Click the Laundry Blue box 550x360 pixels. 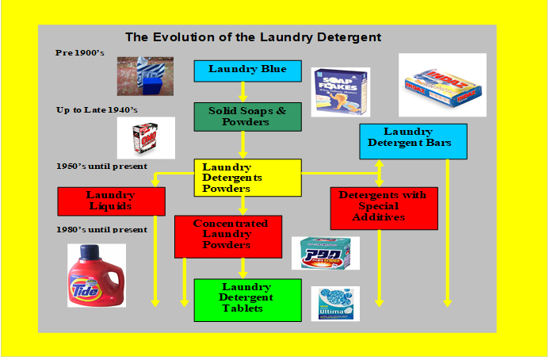click(247, 70)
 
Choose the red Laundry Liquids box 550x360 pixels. click(112, 201)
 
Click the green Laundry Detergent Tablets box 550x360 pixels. click(247, 299)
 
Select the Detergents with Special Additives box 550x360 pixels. click(384, 208)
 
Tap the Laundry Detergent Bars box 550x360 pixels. click(412, 140)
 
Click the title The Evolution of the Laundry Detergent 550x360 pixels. click(254, 37)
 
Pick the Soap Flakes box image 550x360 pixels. click(339, 91)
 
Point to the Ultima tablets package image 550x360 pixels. click(334, 304)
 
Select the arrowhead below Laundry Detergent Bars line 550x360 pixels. click(448, 302)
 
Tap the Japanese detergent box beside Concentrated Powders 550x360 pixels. click(325, 254)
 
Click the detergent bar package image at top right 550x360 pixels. click(441, 86)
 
